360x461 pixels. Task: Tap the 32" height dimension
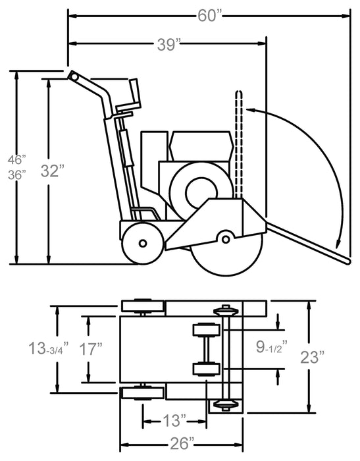[x=53, y=171]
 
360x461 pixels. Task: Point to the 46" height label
[x=16, y=159]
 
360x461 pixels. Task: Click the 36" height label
[x=16, y=175]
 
